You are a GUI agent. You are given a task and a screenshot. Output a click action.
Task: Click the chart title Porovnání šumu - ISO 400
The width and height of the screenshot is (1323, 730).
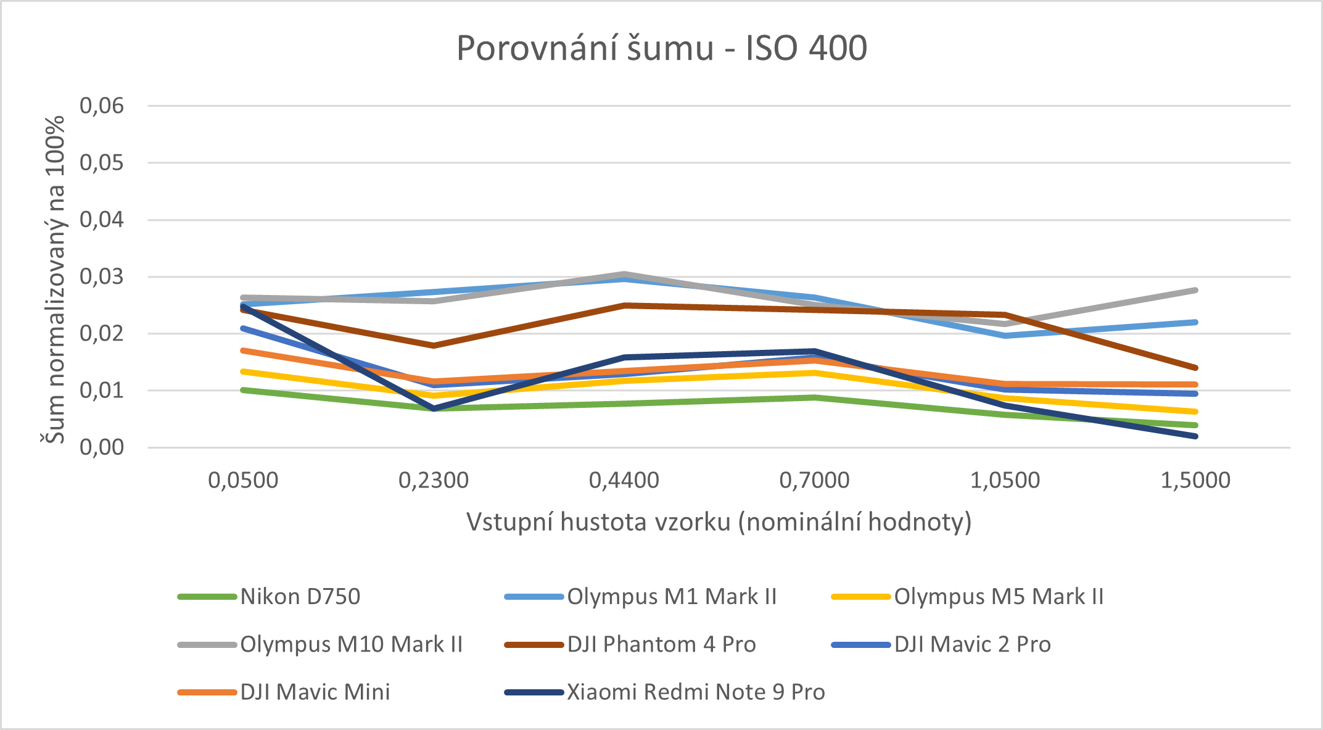661,48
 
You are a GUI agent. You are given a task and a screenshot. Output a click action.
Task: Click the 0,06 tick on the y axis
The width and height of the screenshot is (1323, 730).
102,106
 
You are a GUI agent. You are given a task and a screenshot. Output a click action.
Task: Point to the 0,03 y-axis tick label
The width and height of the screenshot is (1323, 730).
102,276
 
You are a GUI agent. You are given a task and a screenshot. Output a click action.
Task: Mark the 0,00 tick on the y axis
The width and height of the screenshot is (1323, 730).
102,447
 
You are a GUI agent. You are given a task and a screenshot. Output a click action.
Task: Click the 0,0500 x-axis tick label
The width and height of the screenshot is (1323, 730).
243,480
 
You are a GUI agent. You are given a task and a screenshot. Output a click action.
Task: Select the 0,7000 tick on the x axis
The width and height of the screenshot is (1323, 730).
814,480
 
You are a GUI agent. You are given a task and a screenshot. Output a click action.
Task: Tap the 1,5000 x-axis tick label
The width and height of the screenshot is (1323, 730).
1195,480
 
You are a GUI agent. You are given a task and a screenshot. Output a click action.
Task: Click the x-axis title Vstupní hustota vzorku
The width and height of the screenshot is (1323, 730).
719,522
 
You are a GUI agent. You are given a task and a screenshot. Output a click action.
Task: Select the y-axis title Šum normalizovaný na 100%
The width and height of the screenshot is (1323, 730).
54,279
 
